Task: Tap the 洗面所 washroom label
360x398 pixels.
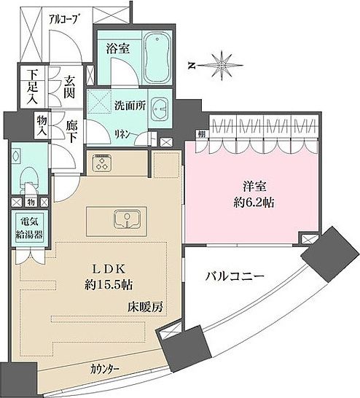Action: (130, 105)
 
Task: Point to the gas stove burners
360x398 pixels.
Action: (103, 164)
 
